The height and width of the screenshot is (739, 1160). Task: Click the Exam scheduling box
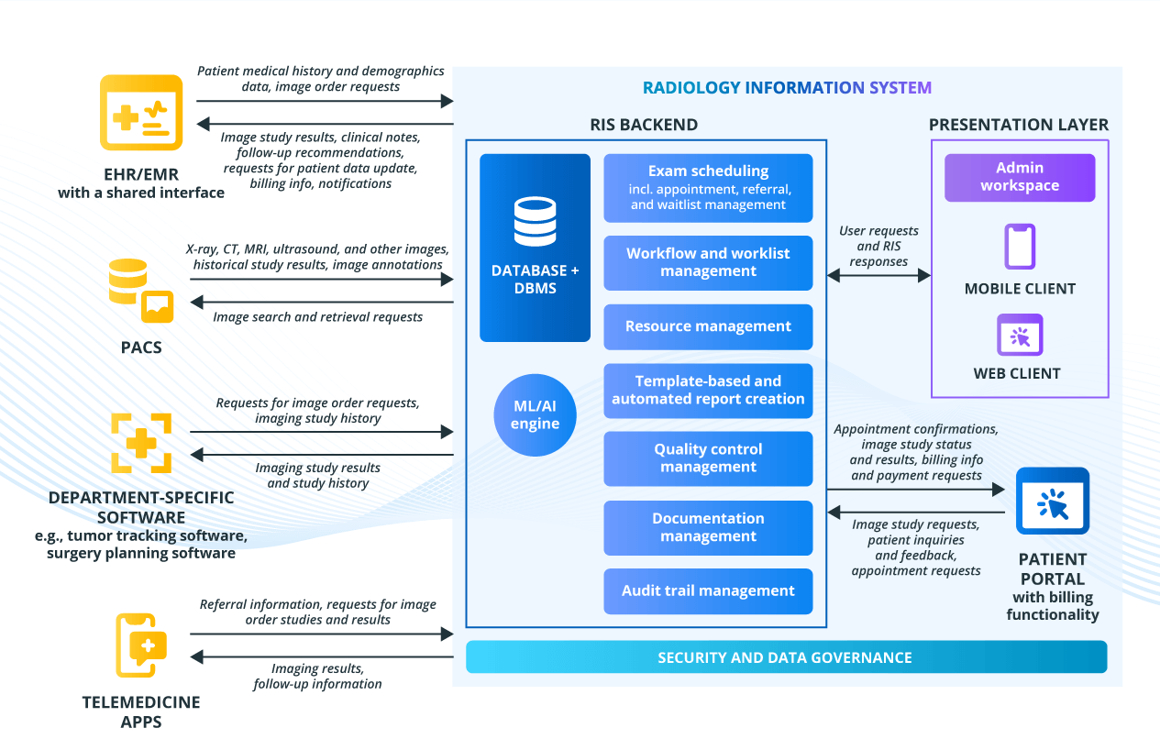(708, 188)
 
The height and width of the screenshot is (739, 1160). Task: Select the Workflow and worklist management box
(708, 262)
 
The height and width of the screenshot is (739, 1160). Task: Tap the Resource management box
(708, 326)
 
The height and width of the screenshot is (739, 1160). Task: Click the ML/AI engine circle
(535, 414)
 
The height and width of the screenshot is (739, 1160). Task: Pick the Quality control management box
(708, 458)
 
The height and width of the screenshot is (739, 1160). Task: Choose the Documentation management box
(708, 528)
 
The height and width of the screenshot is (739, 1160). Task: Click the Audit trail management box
(708, 591)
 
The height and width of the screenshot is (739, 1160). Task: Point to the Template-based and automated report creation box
(708, 391)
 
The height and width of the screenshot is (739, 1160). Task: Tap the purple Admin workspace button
(1020, 177)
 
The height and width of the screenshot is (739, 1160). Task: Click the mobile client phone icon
(1020, 247)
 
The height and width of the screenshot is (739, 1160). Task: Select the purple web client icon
(1020, 335)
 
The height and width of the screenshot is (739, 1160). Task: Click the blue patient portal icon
(1053, 501)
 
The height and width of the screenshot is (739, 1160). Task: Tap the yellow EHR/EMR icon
(141, 113)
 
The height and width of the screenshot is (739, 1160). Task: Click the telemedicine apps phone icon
(141, 645)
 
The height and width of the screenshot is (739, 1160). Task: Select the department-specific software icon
(141, 443)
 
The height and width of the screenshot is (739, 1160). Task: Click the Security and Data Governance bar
(786, 657)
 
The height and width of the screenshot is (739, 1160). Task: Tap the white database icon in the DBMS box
(535, 222)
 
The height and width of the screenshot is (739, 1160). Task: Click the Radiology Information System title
(787, 87)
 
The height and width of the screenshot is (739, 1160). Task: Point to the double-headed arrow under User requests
(878, 275)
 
